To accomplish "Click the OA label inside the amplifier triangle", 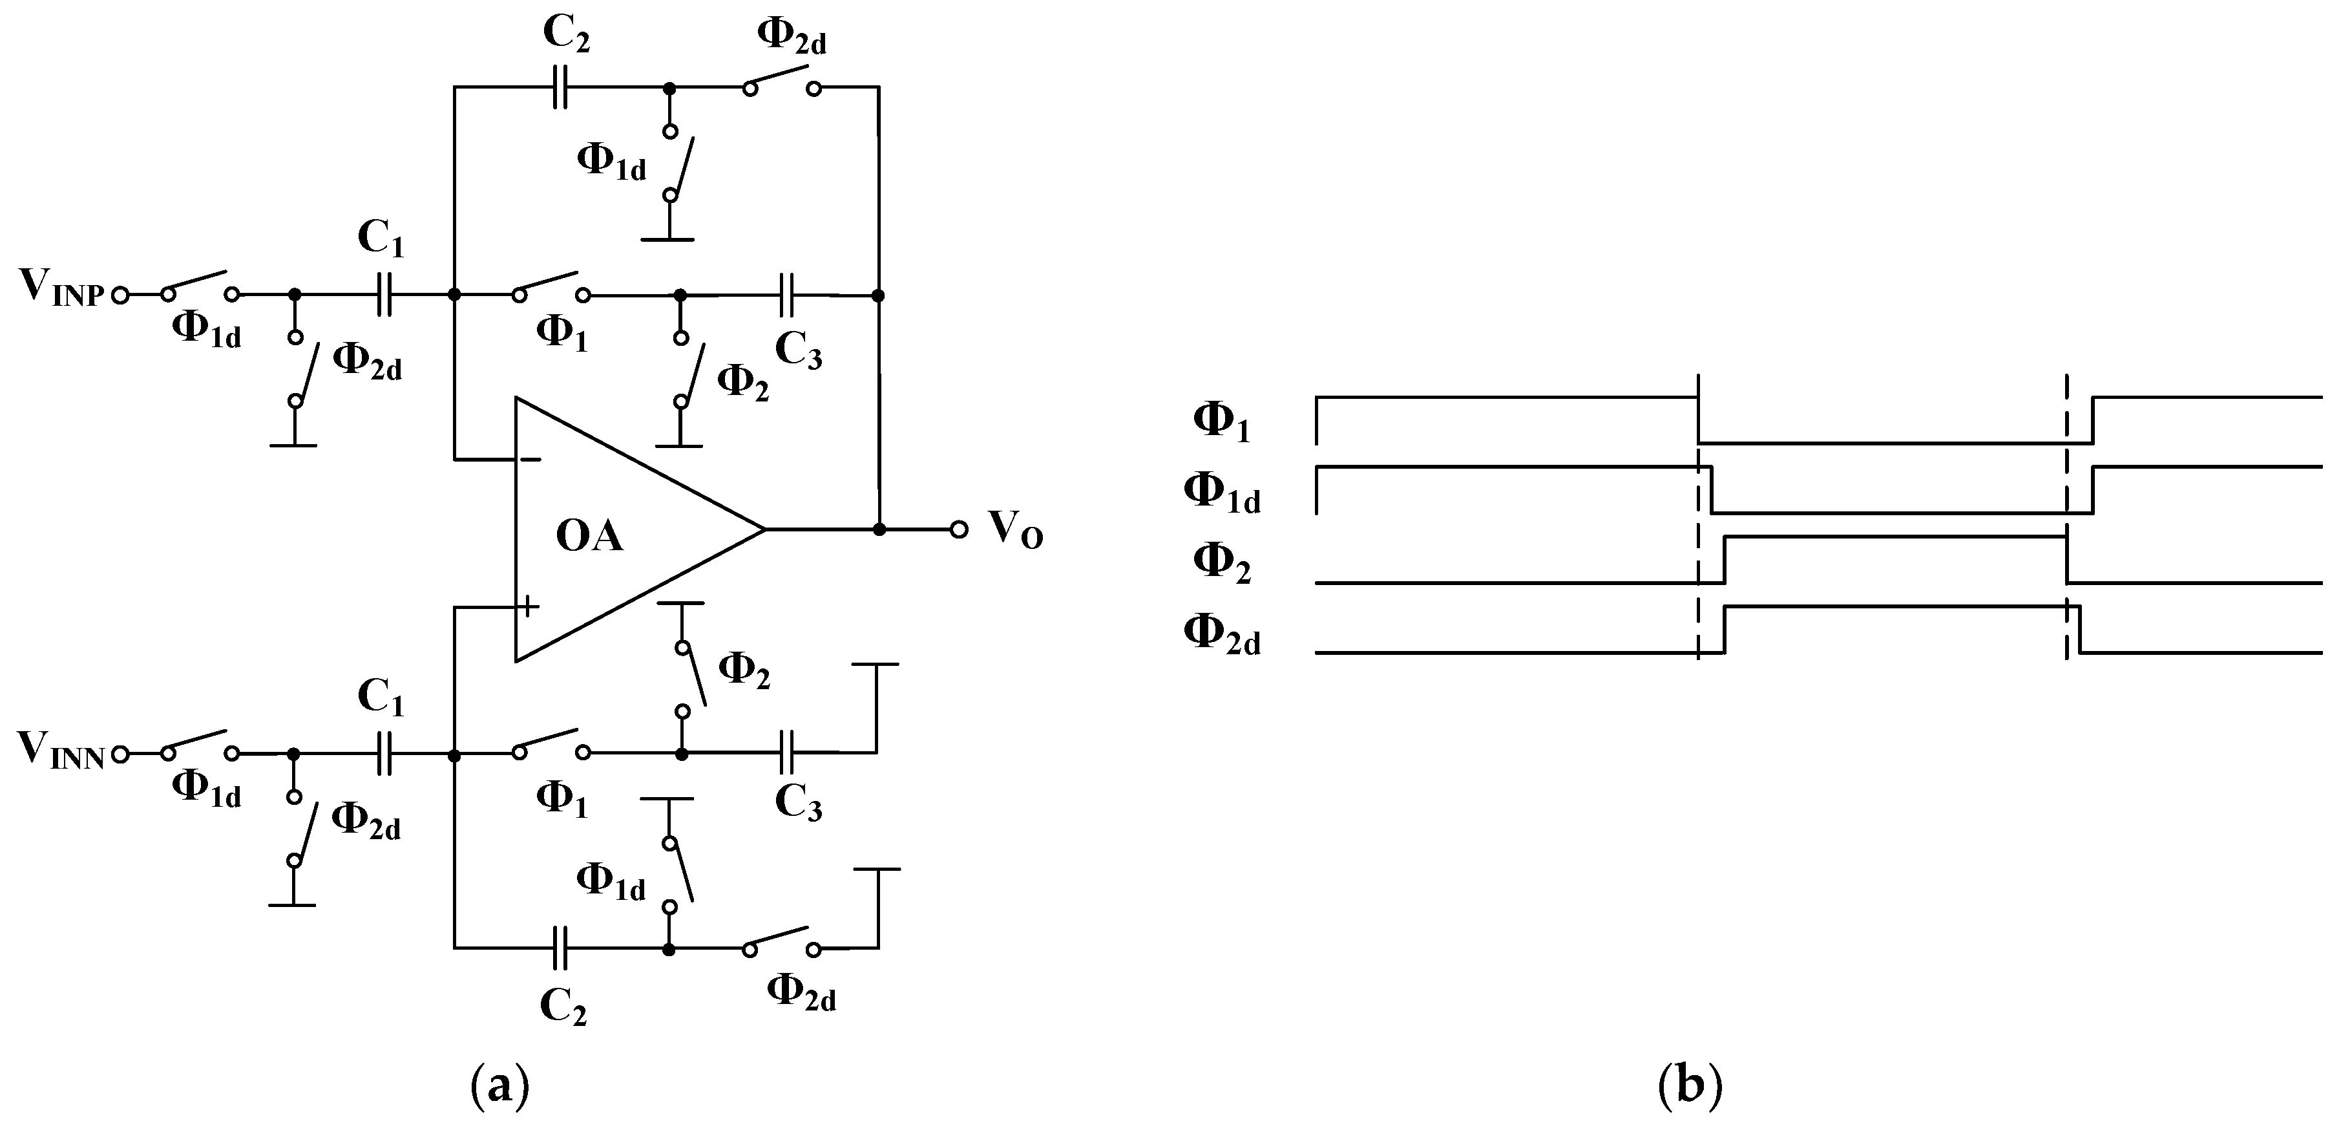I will pyautogui.click(x=589, y=537).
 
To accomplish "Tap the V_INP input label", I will pyautogui.click(x=59, y=289).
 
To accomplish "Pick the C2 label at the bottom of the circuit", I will pyautogui.click(x=563, y=1007).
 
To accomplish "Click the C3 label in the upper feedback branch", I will pyautogui.click(x=798, y=352).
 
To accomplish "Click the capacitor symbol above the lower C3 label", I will pyautogui.click(x=787, y=752).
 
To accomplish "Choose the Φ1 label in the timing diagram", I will pyautogui.click(x=1221, y=423).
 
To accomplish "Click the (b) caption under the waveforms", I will pyautogui.click(x=1690, y=1085).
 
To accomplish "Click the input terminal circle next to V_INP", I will pyautogui.click(x=120, y=295).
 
